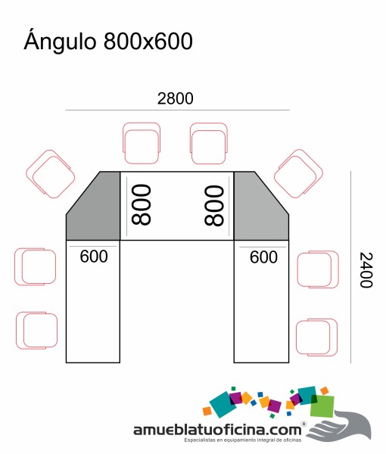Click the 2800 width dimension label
(x=175, y=98)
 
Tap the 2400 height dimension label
(x=366, y=270)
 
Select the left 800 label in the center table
(x=141, y=205)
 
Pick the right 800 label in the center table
(x=214, y=206)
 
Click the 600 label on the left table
(x=94, y=257)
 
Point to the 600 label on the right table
(x=263, y=257)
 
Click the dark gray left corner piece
(x=93, y=206)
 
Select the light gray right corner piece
(x=261, y=206)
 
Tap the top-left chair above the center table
(x=142, y=143)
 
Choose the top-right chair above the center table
(x=208, y=144)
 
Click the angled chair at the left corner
(x=51, y=174)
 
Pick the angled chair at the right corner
(x=298, y=174)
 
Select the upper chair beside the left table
(x=36, y=266)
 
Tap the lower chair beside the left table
(x=37, y=331)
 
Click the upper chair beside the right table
(x=318, y=269)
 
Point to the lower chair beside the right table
(x=316, y=337)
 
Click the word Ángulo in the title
(x=60, y=41)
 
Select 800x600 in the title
(x=148, y=41)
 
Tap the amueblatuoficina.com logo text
(x=217, y=430)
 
